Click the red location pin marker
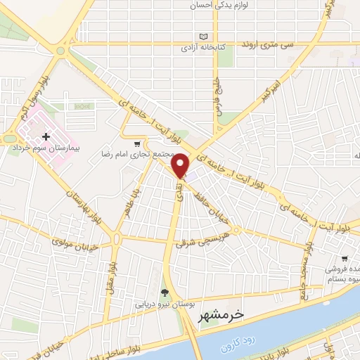click(181, 164)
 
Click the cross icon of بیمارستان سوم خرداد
click(46, 136)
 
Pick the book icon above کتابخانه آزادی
click(204, 37)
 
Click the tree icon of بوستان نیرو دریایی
click(165, 293)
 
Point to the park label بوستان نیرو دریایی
click(162, 305)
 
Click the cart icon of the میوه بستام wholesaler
click(345, 258)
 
